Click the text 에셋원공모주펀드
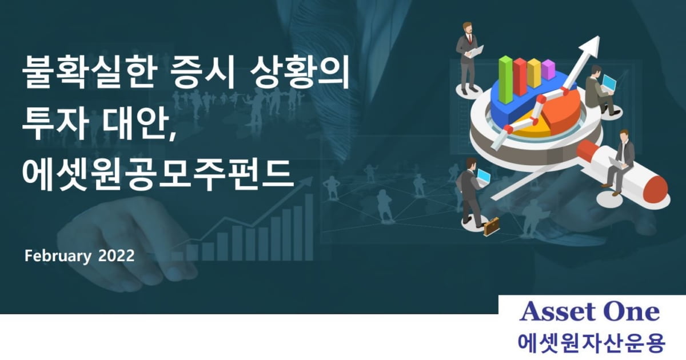(x=158, y=174)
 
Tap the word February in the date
(x=58, y=256)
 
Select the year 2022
(x=117, y=255)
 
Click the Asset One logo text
(x=589, y=311)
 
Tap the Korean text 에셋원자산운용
(x=591, y=343)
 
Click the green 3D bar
(x=505, y=79)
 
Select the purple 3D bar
(x=548, y=70)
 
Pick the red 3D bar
(x=520, y=77)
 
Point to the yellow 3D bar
(x=534, y=73)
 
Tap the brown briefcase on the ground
(x=491, y=226)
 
